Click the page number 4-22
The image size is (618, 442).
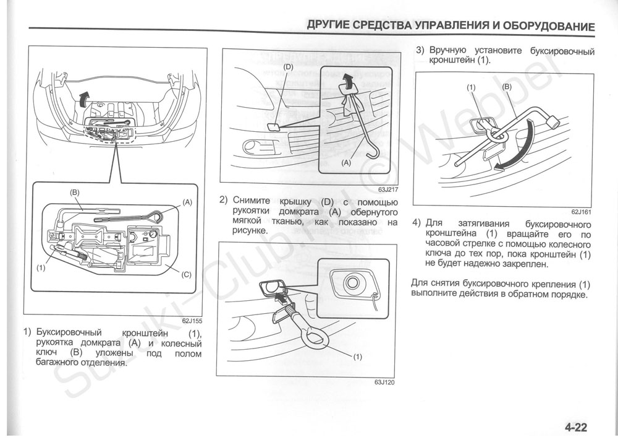coord(575,427)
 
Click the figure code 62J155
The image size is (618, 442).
coord(192,321)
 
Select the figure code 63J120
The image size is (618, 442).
coord(384,382)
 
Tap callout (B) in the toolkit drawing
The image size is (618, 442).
coord(75,193)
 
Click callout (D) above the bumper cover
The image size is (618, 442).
coord(288,66)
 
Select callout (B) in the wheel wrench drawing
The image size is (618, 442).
coord(507,87)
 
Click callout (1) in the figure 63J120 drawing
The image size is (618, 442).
coord(357,357)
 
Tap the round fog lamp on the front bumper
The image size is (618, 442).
coord(253,147)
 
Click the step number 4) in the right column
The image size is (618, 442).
coord(417,223)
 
